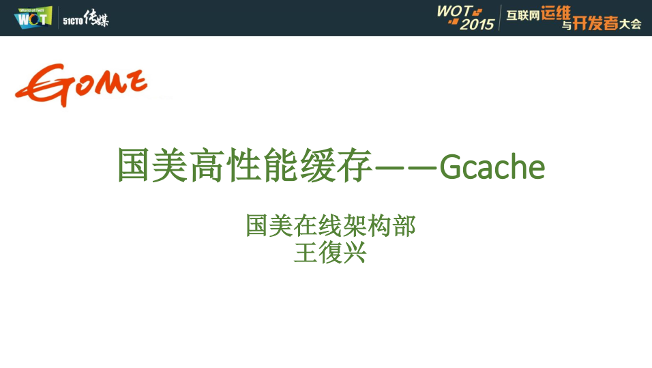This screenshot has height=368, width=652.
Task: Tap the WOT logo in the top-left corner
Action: pyautogui.click(x=33, y=17)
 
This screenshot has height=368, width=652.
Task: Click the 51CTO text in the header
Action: pyautogui.click(x=72, y=21)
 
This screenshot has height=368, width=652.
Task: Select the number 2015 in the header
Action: pyautogui.click(x=477, y=25)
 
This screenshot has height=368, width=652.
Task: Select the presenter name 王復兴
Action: pyautogui.click(x=330, y=253)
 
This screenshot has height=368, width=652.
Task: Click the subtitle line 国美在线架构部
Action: pyautogui.click(x=330, y=226)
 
